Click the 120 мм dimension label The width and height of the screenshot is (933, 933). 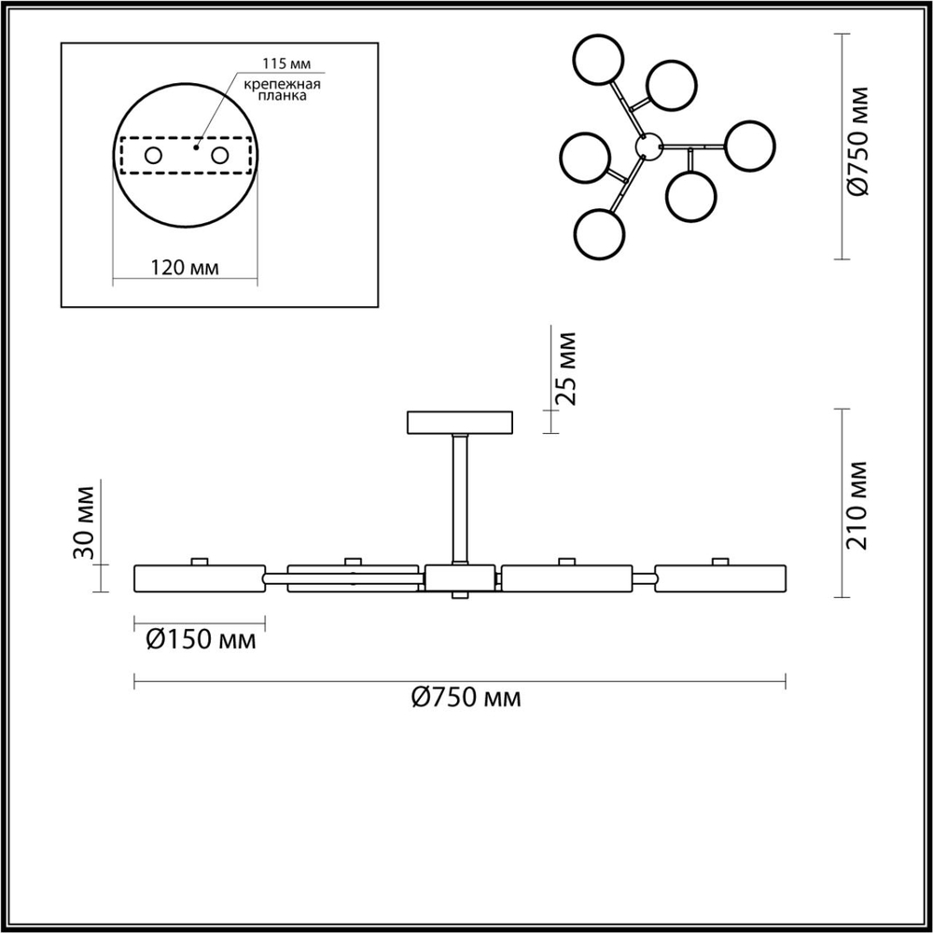tap(184, 268)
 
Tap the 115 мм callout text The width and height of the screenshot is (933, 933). tap(286, 63)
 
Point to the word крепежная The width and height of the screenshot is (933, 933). tap(283, 84)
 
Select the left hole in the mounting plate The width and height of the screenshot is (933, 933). tap(152, 156)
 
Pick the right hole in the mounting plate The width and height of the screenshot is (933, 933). tap(220, 156)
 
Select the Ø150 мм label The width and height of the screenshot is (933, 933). tap(202, 641)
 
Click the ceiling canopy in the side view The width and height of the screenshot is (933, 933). tap(460, 423)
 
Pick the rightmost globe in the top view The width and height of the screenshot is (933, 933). tap(750, 146)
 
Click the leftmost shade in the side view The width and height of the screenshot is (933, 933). tap(200, 578)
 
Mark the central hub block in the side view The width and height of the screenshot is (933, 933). tap(460, 578)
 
